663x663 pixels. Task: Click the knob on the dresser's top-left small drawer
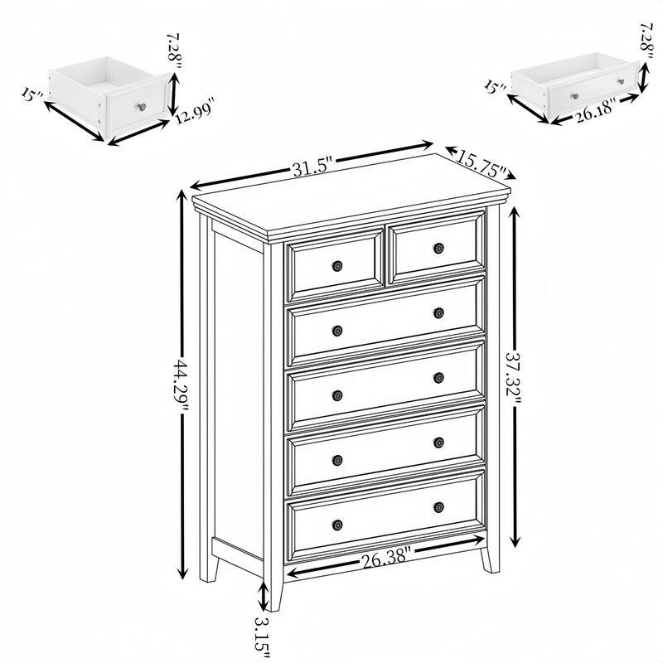[x=337, y=266]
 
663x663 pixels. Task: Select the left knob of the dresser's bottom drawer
[x=337, y=524]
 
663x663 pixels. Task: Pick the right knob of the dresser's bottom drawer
[x=438, y=506]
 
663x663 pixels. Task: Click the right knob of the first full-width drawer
[x=438, y=312]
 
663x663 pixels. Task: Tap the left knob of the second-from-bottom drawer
[x=337, y=459]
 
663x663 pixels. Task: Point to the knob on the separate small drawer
[x=141, y=106]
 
